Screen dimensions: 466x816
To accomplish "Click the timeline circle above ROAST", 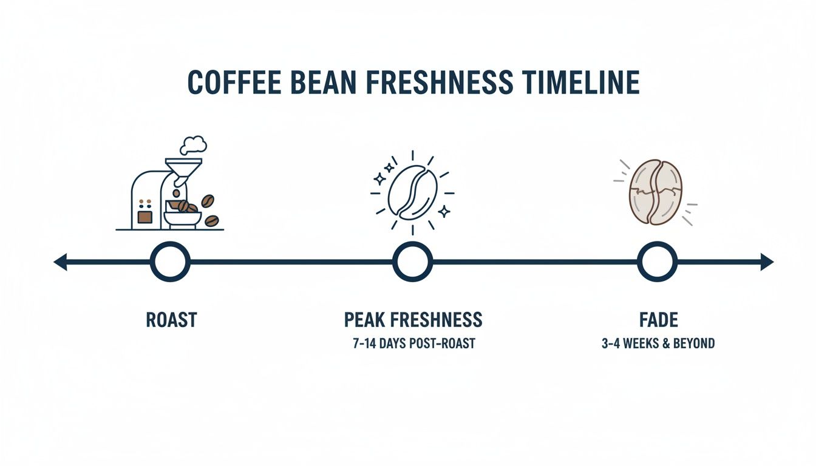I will [170, 262].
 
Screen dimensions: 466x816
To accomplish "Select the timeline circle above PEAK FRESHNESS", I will [412, 262].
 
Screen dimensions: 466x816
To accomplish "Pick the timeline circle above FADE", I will [657, 262].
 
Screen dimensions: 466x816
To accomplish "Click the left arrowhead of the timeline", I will [60, 262].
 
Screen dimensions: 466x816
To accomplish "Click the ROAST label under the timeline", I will [171, 320].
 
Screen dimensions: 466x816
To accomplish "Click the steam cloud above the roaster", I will [194, 144].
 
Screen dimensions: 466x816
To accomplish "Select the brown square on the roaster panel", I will [144, 216].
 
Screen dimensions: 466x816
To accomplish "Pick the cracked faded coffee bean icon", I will [656, 192].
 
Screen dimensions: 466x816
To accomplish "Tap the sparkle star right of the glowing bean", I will [444, 211].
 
